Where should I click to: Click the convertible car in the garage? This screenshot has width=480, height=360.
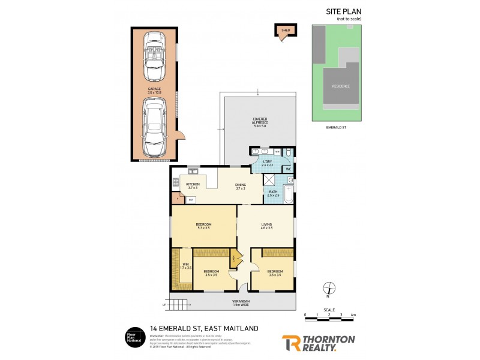[153, 58]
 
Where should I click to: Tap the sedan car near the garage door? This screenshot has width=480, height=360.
[153, 126]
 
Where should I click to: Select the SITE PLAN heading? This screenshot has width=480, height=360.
[344, 11]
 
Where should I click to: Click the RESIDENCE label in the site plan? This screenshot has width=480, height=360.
[341, 86]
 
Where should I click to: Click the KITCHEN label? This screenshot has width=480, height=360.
[193, 185]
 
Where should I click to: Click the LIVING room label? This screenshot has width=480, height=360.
[267, 226]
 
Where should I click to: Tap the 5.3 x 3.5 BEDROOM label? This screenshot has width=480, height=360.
[204, 226]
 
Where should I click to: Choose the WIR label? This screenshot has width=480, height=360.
[186, 265]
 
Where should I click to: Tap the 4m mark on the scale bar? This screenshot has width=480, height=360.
[353, 314]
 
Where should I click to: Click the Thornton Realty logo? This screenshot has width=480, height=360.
[318, 343]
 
